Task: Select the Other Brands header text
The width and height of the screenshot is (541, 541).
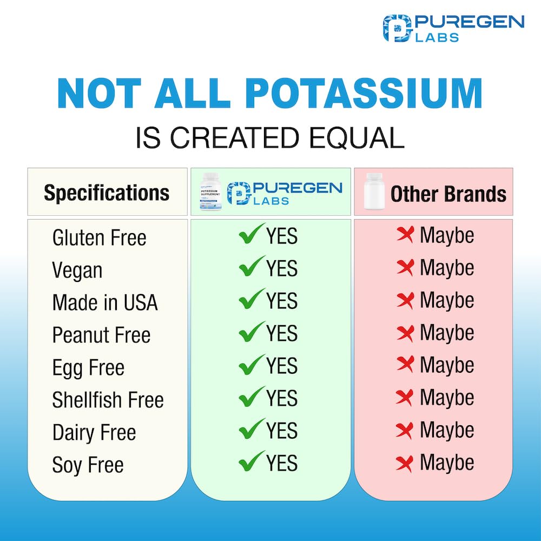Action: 448,194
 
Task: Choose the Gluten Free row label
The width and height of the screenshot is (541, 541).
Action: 99,237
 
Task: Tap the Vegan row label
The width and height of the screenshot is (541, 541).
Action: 77,270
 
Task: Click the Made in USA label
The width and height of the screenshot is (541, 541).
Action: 105,302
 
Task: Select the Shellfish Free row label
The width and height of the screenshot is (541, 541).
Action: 108,400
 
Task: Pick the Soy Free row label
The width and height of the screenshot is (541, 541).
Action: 88,465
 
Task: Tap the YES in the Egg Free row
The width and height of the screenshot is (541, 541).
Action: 282,366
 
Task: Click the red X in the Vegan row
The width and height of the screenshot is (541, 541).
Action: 405,267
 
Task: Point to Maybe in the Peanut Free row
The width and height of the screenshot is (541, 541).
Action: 447,333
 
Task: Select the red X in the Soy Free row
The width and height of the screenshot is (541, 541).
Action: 405,463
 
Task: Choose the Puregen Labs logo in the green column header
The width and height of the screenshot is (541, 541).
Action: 285,193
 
